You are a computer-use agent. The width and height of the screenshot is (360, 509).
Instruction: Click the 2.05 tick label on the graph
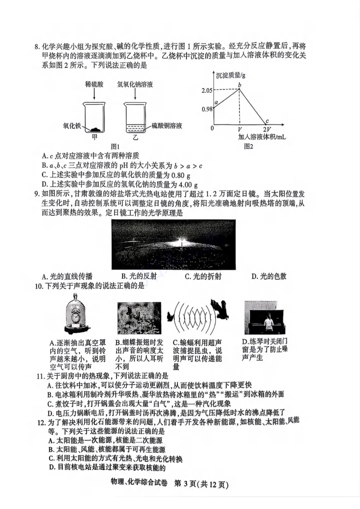(207, 90)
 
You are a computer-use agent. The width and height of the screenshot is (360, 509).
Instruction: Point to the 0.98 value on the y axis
(207, 109)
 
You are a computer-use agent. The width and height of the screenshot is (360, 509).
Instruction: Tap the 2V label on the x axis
(267, 130)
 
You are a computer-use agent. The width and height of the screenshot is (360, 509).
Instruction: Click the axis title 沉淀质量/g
(230, 75)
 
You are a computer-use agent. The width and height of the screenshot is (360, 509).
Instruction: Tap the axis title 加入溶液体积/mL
(262, 137)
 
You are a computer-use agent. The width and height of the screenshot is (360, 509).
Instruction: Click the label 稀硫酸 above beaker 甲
(94, 85)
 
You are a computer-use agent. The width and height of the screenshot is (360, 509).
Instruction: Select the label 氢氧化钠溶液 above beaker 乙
(135, 85)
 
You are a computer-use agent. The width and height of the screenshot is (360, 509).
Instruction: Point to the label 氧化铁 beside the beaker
(72, 126)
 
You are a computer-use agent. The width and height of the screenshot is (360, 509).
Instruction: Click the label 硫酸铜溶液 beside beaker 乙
(167, 126)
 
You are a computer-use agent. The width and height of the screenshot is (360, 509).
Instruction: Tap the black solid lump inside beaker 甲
(96, 128)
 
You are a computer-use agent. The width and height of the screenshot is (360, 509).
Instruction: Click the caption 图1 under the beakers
(115, 147)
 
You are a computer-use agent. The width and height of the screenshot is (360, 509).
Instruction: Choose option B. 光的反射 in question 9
(139, 276)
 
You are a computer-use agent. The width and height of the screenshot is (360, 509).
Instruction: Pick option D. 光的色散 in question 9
(269, 276)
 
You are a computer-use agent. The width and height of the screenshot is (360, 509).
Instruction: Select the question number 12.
(41, 422)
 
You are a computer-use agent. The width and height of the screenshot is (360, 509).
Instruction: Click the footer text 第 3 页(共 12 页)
(202, 484)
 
